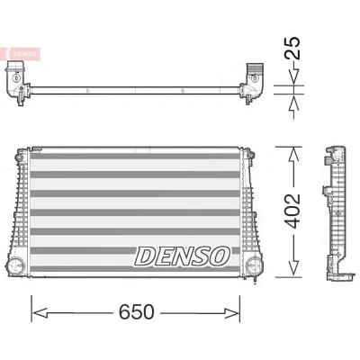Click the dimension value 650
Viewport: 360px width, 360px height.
pos(137,312)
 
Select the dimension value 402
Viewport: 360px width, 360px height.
pos(292,211)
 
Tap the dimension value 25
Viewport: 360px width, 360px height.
pos(292,48)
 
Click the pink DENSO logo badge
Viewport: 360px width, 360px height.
pos(24,54)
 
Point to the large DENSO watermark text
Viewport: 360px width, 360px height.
pos(183,256)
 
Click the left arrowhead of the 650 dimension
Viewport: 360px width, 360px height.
pos(40,313)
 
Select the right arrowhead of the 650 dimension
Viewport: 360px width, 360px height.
pos(232,313)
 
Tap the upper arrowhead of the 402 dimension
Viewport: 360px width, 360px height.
pos(293,155)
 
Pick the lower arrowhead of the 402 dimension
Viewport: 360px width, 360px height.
pos(293,268)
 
